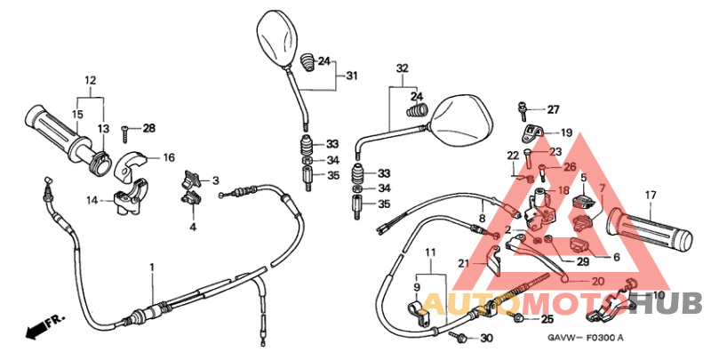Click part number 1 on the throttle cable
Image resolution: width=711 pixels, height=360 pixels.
pos(151,268)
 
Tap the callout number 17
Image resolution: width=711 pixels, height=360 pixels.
pos(651,195)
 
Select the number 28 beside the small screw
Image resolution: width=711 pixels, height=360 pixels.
pos(148,129)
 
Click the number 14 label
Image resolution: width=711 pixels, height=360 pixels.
pos(92,201)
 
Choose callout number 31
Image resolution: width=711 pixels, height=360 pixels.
pos(352,76)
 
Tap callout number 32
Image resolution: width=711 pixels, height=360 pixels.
pos(403,68)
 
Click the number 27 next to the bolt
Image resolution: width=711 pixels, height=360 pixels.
pos(554,110)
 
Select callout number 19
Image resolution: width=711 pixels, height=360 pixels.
pos(566,133)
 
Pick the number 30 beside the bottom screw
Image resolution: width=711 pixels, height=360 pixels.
pos(485,339)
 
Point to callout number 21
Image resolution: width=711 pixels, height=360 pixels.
pos(463,263)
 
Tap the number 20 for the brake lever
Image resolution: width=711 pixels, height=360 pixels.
pos(597,281)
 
